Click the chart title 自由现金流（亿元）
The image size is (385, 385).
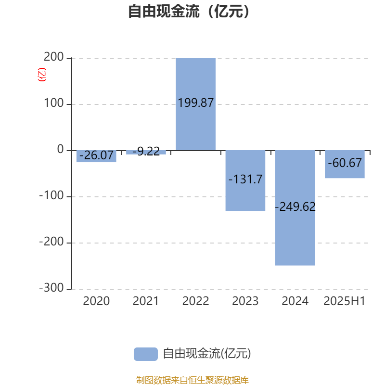coord(189,11)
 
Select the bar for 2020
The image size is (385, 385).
coord(96,156)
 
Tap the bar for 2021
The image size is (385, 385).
coord(146,152)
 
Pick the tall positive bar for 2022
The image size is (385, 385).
coord(196,104)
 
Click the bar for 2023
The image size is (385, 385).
coord(245,180)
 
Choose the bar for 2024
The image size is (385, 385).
coord(295,208)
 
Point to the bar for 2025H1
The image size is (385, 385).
coord(345,164)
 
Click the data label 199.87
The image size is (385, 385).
coord(196,103)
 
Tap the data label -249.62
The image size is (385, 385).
coord(295,206)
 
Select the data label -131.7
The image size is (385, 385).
coord(245,179)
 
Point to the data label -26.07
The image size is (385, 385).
coord(96,155)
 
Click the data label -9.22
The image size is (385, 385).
coord(146,151)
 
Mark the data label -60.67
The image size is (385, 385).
coord(345,163)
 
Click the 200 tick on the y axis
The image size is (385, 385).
coord(54,57)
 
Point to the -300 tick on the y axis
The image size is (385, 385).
coord(51,288)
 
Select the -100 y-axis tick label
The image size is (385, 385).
coord(51,195)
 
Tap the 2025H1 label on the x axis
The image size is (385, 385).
coord(345,301)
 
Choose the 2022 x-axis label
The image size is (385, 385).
coord(196,301)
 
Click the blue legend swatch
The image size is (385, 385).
coord(146,354)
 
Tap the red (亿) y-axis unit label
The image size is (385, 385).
coord(42,75)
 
